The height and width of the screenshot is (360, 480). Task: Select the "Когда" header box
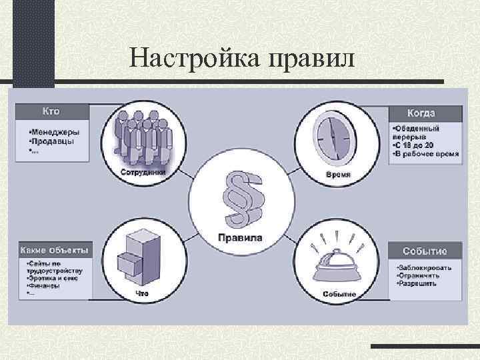pyautogui.click(x=425, y=113)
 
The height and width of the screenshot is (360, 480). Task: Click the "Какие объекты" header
pyautogui.click(x=55, y=251)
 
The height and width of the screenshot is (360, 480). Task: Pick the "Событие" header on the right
pyautogui.click(x=425, y=251)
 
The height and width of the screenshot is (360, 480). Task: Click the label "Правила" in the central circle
pyautogui.click(x=240, y=238)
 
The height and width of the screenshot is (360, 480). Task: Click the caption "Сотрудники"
pyautogui.click(x=143, y=172)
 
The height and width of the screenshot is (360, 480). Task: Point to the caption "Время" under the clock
pyautogui.click(x=338, y=175)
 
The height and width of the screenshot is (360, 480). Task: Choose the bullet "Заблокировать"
pyautogui.click(x=425, y=267)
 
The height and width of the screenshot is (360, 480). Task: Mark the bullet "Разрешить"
pyautogui.click(x=418, y=283)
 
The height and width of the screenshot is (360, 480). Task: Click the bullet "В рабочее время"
pyautogui.click(x=427, y=153)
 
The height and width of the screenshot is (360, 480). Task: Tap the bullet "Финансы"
pyautogui.click(x=45, y=285)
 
